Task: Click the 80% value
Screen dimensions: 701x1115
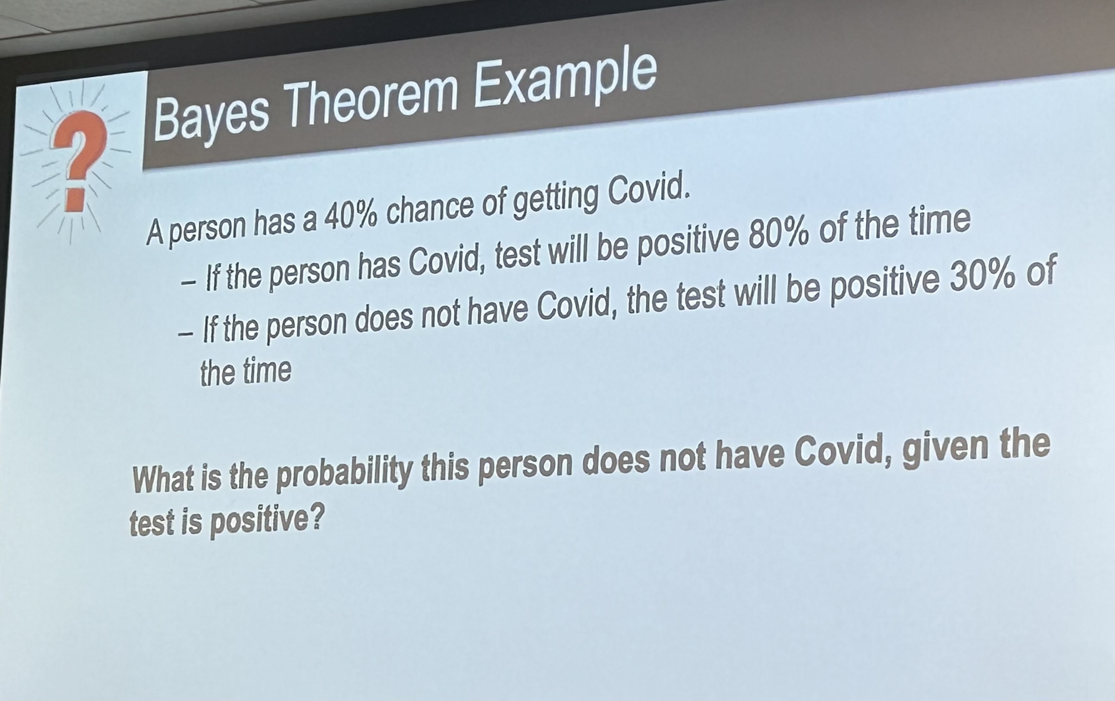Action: [x=779, y=233]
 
